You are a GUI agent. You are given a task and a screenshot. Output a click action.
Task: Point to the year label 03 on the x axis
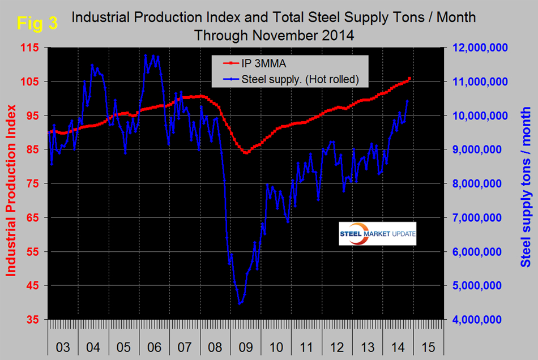tap(63, 346)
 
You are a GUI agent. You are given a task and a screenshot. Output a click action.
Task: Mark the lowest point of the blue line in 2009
tap(240, 304)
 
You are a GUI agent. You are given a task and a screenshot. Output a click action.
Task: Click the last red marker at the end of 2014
tap(409, 79)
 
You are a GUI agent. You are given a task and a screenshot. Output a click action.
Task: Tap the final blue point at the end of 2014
tap(408, 101)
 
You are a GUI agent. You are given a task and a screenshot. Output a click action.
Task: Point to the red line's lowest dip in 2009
tap(246, 153)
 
